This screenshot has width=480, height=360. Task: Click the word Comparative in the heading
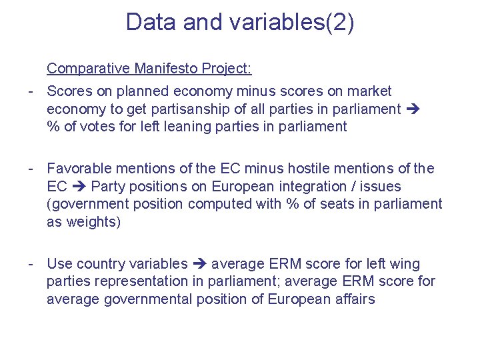(88, 69)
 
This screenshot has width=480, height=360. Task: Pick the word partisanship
(195, 109)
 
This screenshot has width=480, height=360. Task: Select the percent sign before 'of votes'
(53, 127)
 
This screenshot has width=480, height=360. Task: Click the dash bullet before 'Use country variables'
(31, 264)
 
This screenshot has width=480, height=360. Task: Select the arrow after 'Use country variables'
(199, 264)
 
